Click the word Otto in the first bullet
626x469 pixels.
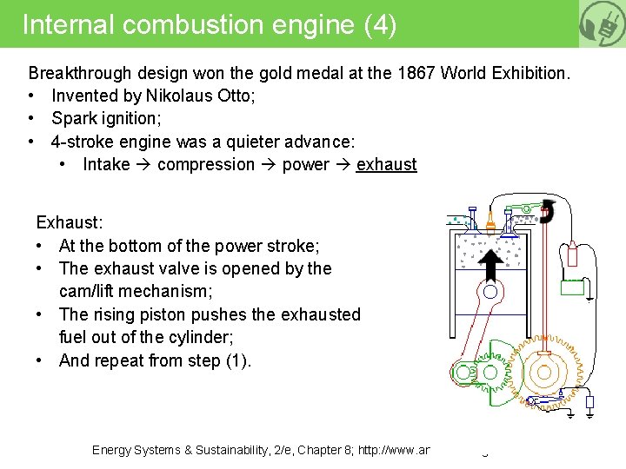coord(234,96)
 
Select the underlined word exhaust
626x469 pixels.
coord(386,164)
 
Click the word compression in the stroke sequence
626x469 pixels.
coord(206,164)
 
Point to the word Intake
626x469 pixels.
coord(106,164)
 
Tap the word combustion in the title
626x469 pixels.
coord(194,23)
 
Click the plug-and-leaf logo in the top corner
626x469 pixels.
coord(603,23)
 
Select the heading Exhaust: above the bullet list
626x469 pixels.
coord(69,223)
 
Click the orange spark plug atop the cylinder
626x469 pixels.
coord(491,222)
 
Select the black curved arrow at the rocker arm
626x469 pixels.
coord(548,211)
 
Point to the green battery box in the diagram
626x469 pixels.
coord(572,287)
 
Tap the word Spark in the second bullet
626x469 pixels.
coord(72,118)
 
